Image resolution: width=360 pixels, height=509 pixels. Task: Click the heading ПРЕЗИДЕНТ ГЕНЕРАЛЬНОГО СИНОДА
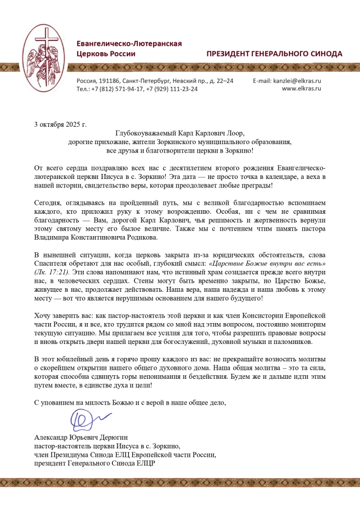[274, 54]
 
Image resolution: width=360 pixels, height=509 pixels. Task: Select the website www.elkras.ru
[301, 88]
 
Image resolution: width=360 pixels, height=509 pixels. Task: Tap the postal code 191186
[109, 80]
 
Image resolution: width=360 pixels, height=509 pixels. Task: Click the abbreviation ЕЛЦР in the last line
[144, 464]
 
